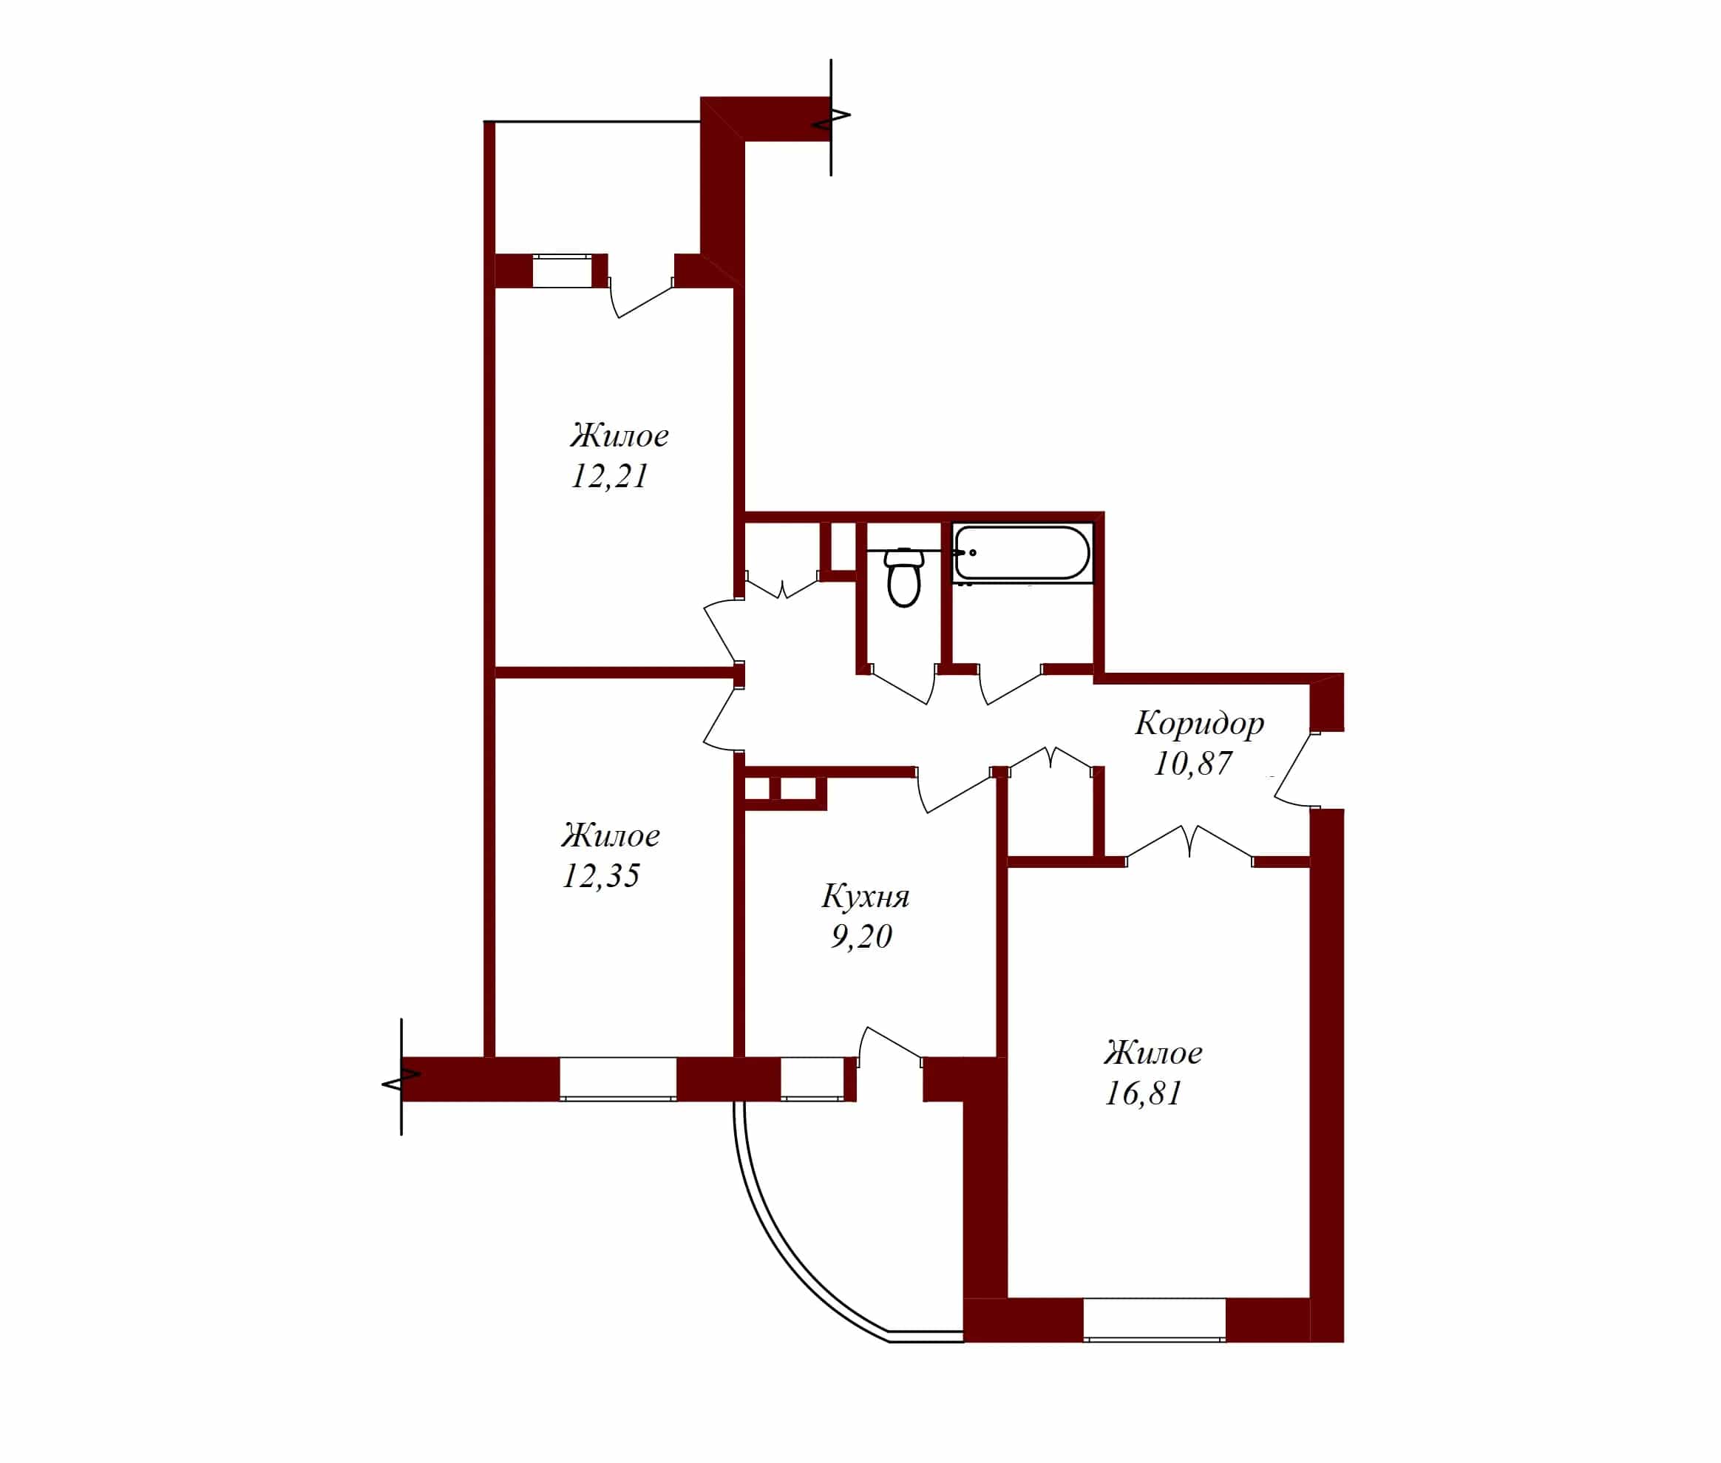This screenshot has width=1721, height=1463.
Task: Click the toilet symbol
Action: (903, 577)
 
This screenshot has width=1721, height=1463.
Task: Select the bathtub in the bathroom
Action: (1022, 552)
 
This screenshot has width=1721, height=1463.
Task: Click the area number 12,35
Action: (600, 876)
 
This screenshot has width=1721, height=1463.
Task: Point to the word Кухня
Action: (865, 896)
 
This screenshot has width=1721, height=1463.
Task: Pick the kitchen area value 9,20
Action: (861, 937)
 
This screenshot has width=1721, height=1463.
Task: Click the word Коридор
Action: (1199, 724)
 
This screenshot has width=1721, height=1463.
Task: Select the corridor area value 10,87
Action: (1192, 764)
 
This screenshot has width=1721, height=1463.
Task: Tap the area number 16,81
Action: (1143, 1093)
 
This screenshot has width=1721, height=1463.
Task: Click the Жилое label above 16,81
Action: (1153, 1053)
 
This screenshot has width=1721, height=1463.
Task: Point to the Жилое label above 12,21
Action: (619, 436)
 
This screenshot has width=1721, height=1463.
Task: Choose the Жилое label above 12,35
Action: (611, 836)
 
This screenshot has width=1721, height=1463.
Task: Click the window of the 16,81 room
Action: (1154, 1320)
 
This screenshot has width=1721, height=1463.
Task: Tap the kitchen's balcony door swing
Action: (889, 1048)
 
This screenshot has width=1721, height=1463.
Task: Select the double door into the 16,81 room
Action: (1189, 842)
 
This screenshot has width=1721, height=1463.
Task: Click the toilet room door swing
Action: (904, 685)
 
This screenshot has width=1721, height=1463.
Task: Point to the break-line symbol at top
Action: (831, 117)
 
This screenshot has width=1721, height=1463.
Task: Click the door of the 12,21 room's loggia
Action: (640, 299)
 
